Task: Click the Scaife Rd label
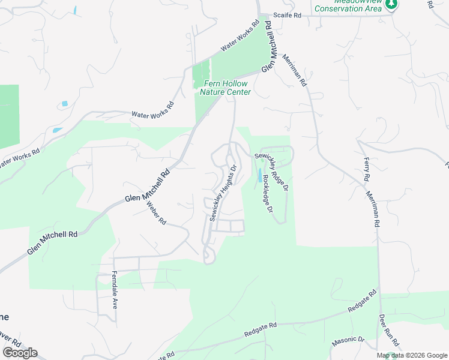click(x=286, y=15)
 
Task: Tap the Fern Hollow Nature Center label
click(x=225, y=88)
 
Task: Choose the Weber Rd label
click(x=156, y=212)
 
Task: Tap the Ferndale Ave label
click(x=114, y=290)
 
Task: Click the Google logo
click(x=20, y=353)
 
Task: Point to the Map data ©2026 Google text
click(x=412, y=355)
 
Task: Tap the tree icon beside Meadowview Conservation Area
click(x=392, y=5)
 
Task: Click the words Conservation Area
click(x=348, y=8)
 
